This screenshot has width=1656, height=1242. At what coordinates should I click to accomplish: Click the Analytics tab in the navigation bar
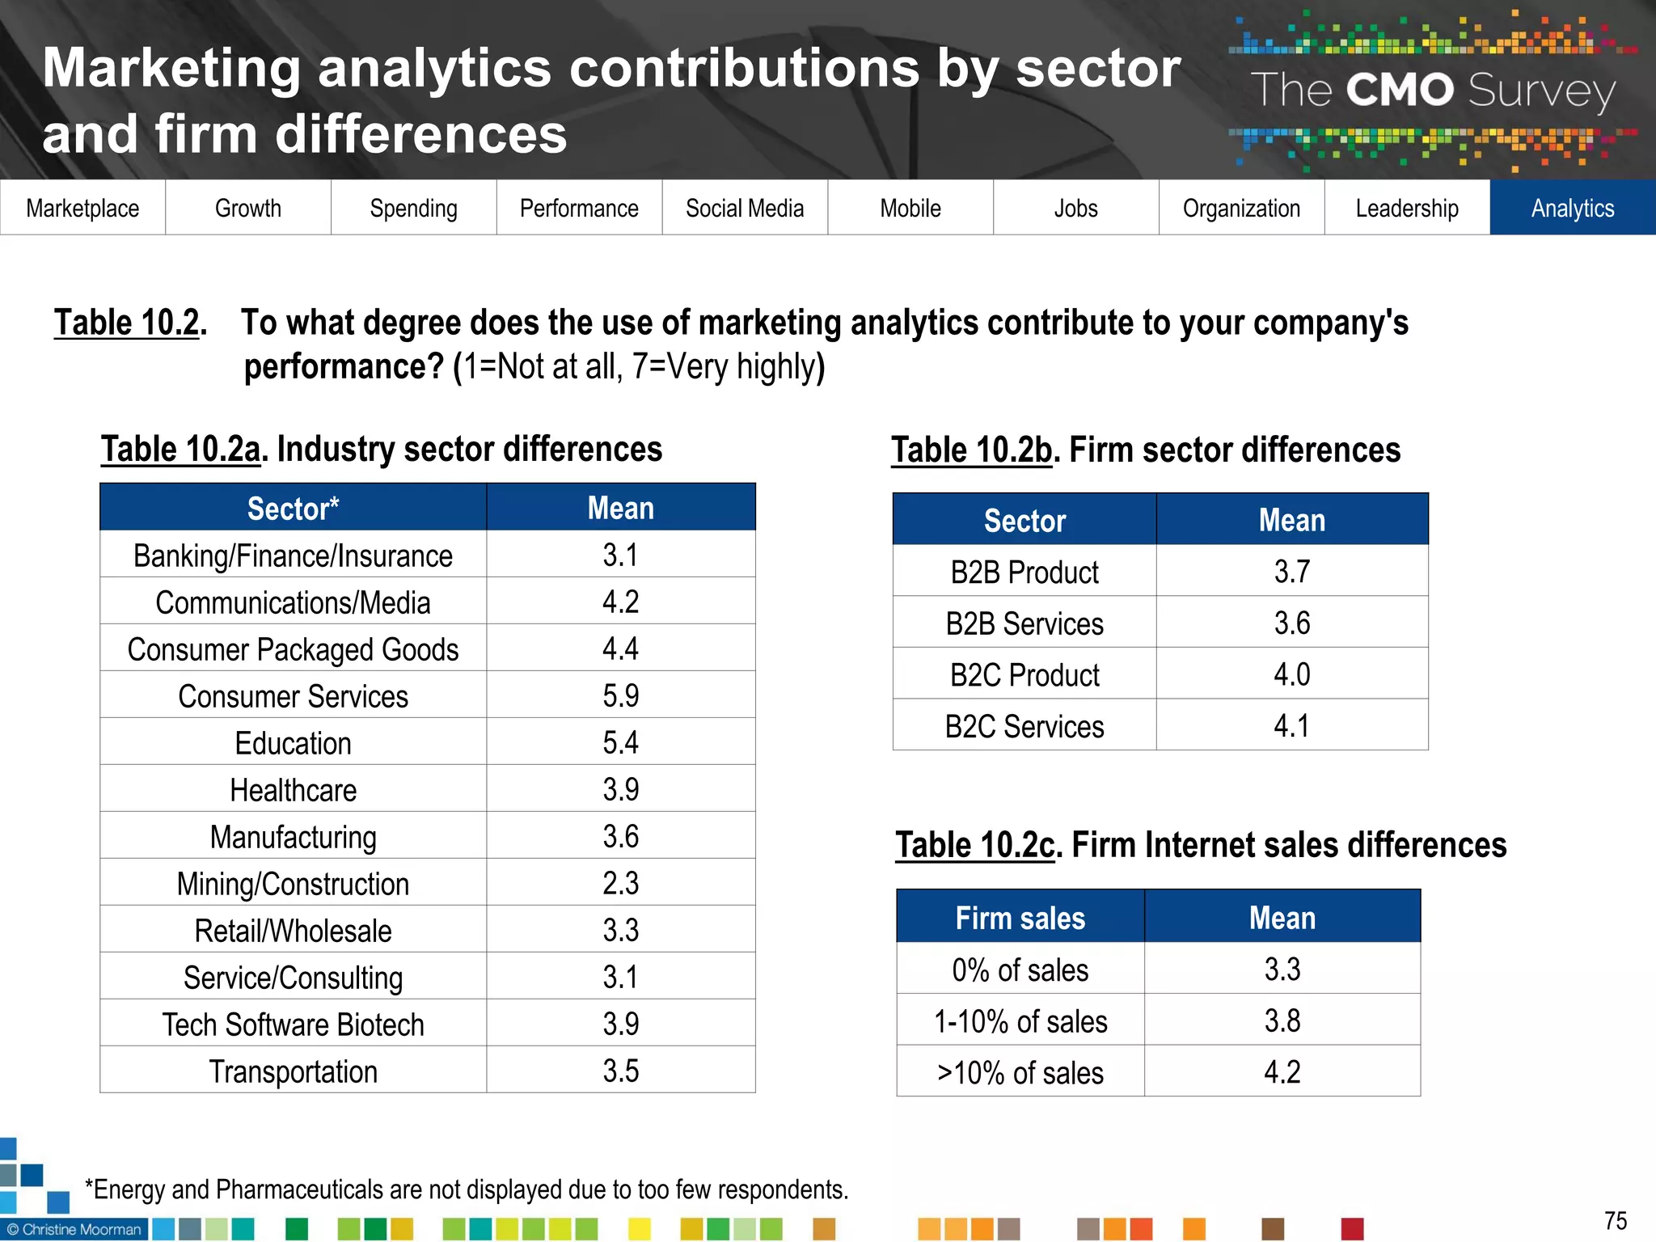[x=1572, y=208]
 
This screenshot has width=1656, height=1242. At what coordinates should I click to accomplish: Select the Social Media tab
[x=745, y=208]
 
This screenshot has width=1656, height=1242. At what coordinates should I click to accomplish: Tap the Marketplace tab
[x=82, y=208]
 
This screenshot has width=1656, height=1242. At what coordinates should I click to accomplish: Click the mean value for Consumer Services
[x=620, y=695]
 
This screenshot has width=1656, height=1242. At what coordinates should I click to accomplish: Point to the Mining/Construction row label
[x=293, y=884]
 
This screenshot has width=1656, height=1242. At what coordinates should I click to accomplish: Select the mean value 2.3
[x=620, y=883]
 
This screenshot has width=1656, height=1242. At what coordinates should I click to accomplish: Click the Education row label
[x=293, y=743]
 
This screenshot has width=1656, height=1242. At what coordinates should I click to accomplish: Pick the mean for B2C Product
[x=1291, y=674]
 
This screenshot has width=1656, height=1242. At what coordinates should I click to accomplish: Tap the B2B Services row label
[x=1024, y=623]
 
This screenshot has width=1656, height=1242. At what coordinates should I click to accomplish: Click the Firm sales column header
[x=1020, y=918]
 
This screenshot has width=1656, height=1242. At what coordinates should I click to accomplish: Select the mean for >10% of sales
[x=1282, y=1072]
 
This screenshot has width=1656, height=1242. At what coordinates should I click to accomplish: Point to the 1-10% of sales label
[x=1020, y=1021]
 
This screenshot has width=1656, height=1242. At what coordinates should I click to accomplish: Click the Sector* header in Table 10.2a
[x=293, y=509]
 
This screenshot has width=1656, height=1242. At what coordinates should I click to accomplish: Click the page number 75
[x=1615, y=1220]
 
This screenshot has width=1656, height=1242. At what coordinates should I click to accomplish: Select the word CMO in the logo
[x=1400, y=90]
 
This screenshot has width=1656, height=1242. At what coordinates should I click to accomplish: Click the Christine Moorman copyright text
[x=74, y=1229]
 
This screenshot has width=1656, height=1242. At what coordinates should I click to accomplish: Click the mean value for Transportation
[x=620, y=1071]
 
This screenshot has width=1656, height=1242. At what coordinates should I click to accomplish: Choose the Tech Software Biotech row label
[x=293, y=1024]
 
